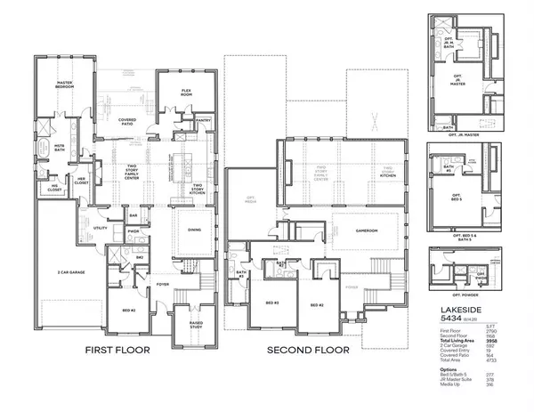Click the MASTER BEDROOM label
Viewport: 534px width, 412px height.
point(59,85)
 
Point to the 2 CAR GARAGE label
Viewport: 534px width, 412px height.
point(67,268)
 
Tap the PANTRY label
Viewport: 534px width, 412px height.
point(202,121)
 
